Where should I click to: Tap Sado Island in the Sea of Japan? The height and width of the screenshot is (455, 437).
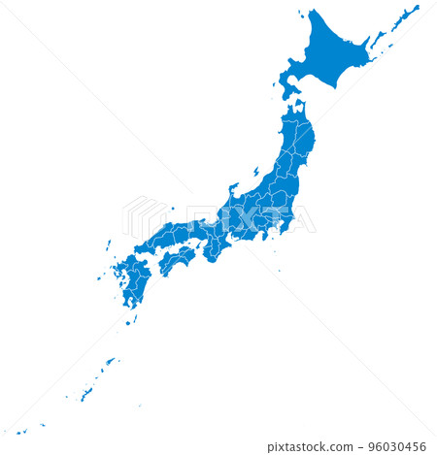256,171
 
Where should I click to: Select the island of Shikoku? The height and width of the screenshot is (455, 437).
176,259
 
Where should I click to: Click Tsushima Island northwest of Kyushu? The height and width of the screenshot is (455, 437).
108,245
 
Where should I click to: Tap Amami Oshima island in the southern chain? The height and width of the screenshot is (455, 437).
110,361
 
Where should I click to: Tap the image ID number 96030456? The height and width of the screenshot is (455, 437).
400,447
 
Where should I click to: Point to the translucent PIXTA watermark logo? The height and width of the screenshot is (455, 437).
218,219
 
